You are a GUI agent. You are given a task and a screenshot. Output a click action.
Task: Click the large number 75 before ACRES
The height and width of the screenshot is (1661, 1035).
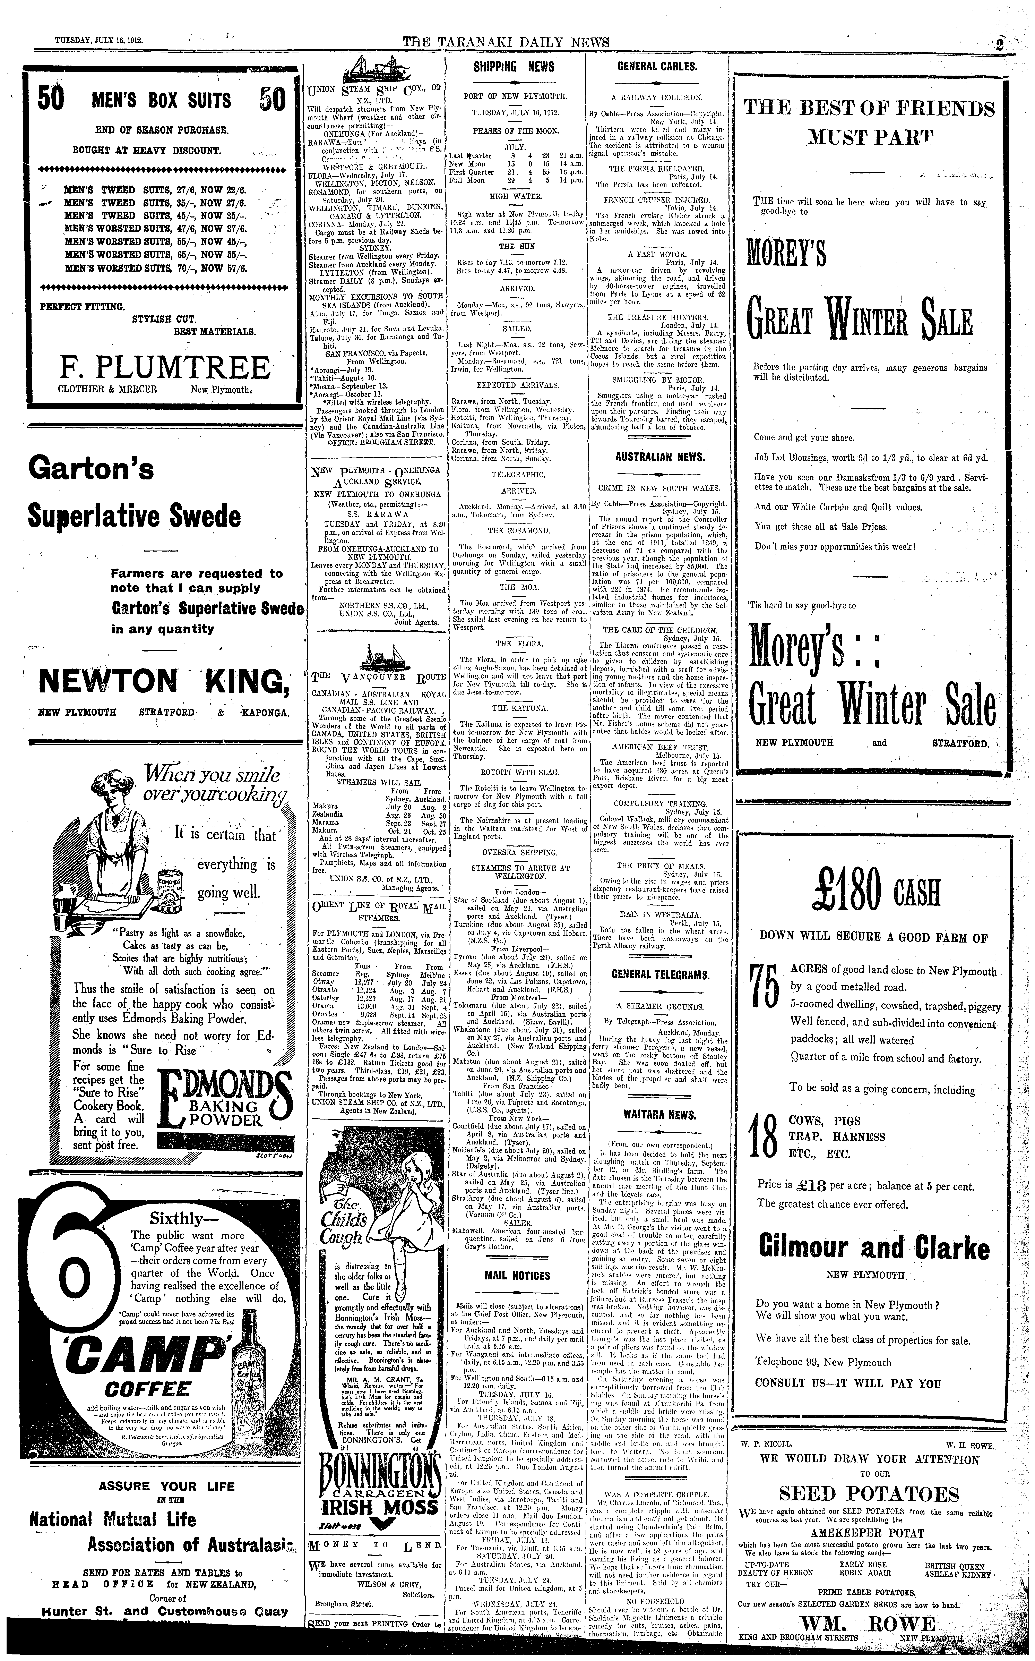coord(764,993)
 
